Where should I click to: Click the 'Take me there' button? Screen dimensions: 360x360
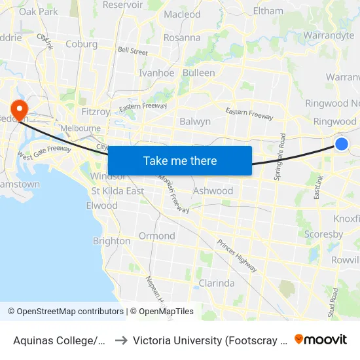pos(179,160)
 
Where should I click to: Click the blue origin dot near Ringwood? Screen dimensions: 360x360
pos(341,144)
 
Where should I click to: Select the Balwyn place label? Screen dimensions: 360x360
pos(195,121)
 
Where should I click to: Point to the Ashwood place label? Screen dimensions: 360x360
pos(213,191)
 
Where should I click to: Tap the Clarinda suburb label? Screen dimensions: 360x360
pos(216,283)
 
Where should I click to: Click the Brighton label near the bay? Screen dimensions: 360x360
pos(111,241)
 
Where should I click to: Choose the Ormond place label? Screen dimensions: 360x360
pos(156,236)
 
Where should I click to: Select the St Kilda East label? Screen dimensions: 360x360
pos(118,191)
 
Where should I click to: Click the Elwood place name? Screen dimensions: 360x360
pos(101,206)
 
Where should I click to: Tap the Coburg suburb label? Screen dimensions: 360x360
pos(82,45)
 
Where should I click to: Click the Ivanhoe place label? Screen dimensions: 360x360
pos(156,73)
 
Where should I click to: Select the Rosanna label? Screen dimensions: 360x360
pos(182,37)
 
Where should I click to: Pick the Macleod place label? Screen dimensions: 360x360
pos(182,14)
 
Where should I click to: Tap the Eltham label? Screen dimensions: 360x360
pos(268,11)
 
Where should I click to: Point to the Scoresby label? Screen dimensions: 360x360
pos(323,234)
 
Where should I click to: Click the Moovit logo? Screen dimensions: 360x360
pos(321,339)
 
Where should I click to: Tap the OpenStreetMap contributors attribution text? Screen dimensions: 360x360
pos(65,312)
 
